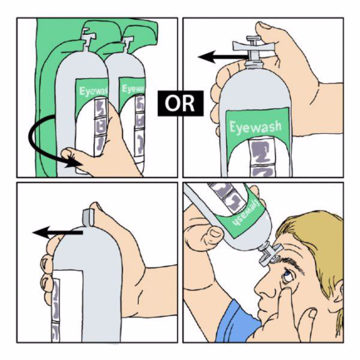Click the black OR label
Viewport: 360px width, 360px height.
pyautogui.click(x=181, y=103)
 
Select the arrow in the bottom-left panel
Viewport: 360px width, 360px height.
pyautogui.click(x=57, y=232)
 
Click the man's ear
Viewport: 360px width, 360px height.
pyautogui.click(x=338, y=293)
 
